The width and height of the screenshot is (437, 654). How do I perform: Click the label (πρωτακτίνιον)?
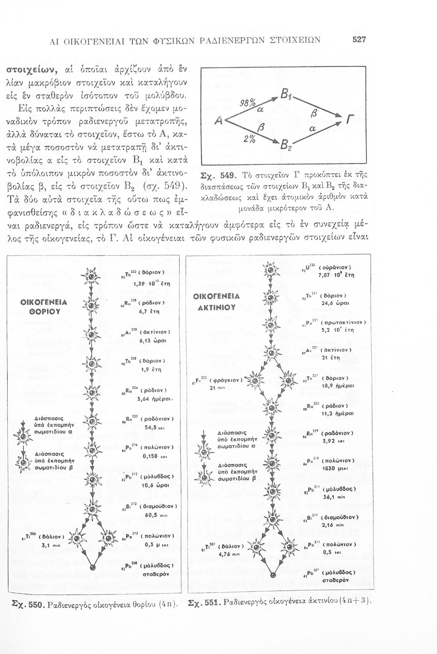coord(343,323)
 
